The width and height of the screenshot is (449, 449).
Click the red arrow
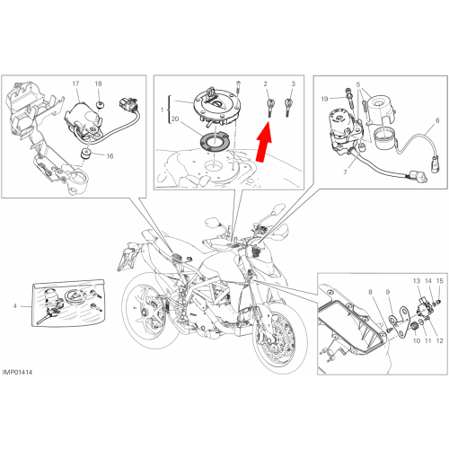pos(263,143)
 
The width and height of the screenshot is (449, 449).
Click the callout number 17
pos(75,84)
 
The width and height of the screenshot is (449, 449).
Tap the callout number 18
pos(98,84)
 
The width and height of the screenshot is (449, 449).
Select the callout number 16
pos(110,156)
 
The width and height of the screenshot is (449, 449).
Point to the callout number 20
pos(175,119)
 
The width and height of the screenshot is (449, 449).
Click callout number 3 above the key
pos(293,84)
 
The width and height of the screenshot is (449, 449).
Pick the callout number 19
pos(324,99)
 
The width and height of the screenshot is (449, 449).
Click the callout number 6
pos(437,120)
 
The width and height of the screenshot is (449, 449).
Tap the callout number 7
pos(345,172)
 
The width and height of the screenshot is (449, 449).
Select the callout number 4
pos(15,306)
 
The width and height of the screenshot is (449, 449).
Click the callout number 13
pos(417,281)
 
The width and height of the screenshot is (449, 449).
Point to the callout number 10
pos(417,340)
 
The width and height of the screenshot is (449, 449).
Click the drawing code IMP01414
pos(17,373)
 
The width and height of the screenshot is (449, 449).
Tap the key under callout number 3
pos(288,108)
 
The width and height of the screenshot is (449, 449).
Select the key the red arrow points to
pos(270,108)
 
